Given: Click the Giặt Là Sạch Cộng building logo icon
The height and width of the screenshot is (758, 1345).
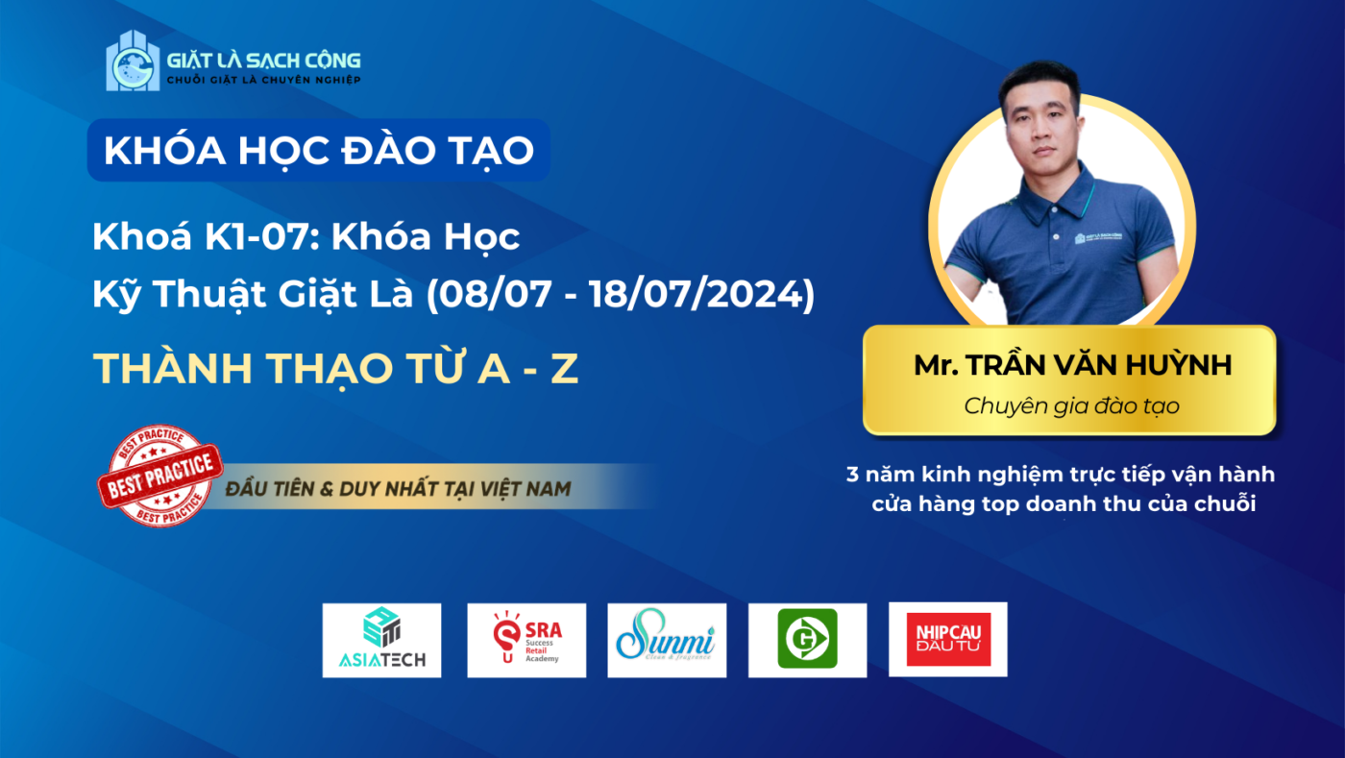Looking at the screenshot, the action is [x=133, y=61].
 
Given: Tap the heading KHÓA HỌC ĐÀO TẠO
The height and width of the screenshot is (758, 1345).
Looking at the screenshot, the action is [x=319, y=150].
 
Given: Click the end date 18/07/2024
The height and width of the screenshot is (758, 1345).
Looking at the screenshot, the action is [x=696, y=294].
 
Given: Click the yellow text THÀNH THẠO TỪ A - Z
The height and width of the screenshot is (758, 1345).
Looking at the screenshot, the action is [x=335, y=368].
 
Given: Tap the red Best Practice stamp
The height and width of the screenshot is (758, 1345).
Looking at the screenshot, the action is [x=160, y=476].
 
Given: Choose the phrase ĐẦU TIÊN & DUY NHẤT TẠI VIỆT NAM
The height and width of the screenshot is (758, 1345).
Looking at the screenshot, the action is [x=398, y=489].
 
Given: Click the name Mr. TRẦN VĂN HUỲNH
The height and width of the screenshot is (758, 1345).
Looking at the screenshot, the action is [x=1072, y=365].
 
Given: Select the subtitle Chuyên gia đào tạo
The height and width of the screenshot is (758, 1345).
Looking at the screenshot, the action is [x=1072, y=406].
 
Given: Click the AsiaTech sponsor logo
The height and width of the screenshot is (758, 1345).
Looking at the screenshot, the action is [x=382, y=640].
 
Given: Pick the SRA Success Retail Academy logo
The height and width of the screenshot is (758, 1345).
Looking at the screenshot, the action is [x=526, y=640].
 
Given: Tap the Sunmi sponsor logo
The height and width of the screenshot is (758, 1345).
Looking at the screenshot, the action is [x=667, y=640].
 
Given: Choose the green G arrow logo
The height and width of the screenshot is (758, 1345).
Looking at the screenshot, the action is [x=808, y=639].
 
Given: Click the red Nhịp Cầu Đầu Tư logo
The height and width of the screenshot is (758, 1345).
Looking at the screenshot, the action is [x=948, y=639].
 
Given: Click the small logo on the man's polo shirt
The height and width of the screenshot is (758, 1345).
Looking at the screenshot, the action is [x=1098, y=237].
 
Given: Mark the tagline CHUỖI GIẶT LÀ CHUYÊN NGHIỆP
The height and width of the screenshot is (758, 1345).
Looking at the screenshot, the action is [x=263, y=80].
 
